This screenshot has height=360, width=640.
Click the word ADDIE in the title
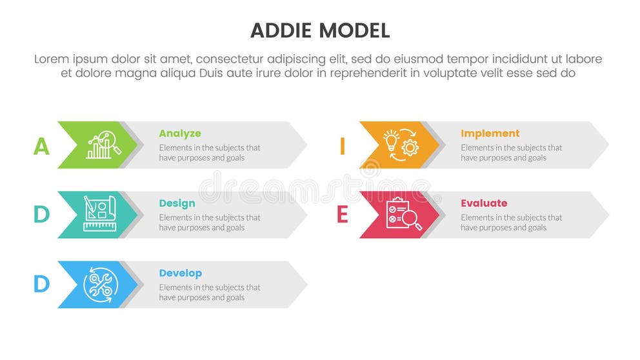click(x=280, y=30)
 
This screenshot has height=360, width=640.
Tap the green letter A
click(x=41, y=146)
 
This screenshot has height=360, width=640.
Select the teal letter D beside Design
click(x=41, y=215)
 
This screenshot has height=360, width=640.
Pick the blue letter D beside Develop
click(x=41, y=285)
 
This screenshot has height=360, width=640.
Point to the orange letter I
click(x=343, y=146)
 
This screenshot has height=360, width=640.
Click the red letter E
click(x=343, y=215)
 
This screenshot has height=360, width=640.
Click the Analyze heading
click(x=180, y=134)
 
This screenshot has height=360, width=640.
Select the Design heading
click(x=177, y=203)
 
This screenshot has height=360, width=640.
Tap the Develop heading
click(x=181, y=273)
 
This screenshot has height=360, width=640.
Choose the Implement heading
click(x=490, y=134)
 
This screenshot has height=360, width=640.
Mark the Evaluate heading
click(x=484, y=203)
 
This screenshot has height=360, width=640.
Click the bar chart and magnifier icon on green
click(x=103, y=145)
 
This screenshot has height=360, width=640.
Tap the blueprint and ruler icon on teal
click(x=99, y=214)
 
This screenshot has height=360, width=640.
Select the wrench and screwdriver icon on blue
click(x=99, y=284)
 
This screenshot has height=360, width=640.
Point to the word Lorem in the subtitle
click(x=52, y=59)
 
